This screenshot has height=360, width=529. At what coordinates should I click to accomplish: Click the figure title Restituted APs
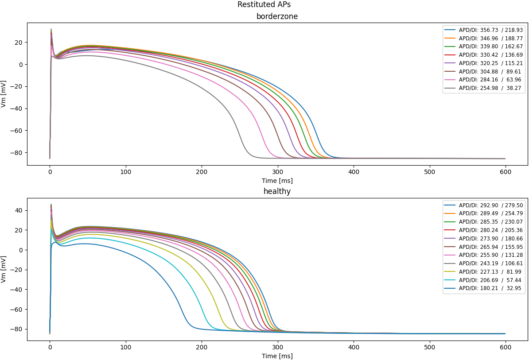tap(264, 4)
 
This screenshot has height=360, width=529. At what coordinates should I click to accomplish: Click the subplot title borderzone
tap(277, 16)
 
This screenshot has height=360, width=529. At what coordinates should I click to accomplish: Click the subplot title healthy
tap(277, 191)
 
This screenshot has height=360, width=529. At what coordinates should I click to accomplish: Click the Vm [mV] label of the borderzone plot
tap(4, 94)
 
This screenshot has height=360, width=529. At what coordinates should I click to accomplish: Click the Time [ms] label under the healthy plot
tap(277, 356)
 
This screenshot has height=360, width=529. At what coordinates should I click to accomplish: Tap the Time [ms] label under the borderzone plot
tap(277, 181)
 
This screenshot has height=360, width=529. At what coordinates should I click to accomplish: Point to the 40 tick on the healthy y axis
tap(19, 210)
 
